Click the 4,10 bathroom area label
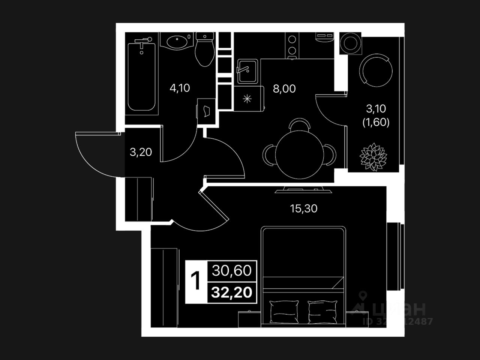click(180, 88)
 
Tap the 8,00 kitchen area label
click(284, 89)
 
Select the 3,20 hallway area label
click(141, 152)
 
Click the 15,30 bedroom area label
click(304, 208)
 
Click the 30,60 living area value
click(231, 270)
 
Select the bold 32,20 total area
click(231, 292)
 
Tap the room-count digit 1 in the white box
click(196, 281)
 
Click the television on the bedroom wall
click(303, 190)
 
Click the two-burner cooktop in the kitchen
click(291, 46)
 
